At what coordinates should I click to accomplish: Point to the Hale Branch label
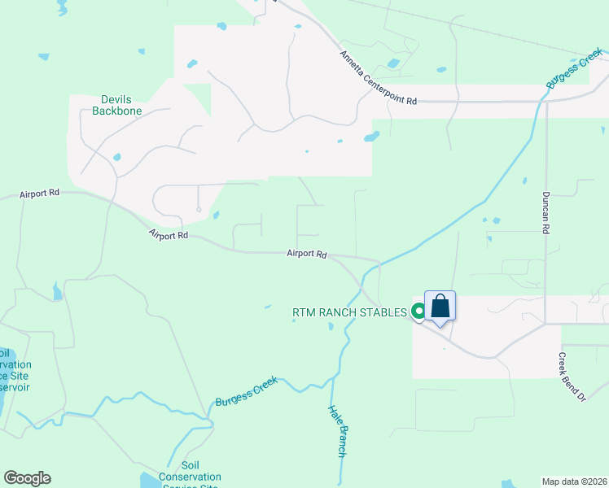click(x=338, y=431)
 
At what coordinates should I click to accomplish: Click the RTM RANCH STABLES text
click(x=349, y=312)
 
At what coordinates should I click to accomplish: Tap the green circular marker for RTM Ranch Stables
click(x=418, y=311)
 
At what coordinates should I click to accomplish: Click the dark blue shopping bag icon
click(x=440, y=307)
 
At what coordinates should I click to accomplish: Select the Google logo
click(x=27, y=478)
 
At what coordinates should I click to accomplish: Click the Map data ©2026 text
click(x=575, y=481)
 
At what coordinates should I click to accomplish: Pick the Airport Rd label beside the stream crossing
click(x=306, y=254)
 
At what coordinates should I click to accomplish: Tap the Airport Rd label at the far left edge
click(x=40, y=194)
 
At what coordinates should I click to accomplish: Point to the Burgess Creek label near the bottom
click(x=246, y=391)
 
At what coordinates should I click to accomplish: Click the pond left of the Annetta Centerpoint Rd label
click(x=192, y=63)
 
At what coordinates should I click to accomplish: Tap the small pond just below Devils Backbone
click(x=117, y=157)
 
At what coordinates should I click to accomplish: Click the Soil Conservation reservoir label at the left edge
click(x=7, y=370)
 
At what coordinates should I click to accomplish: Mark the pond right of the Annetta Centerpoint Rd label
click(x=394, y=63)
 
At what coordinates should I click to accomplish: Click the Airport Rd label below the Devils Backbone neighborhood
click(x=169, y=235)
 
